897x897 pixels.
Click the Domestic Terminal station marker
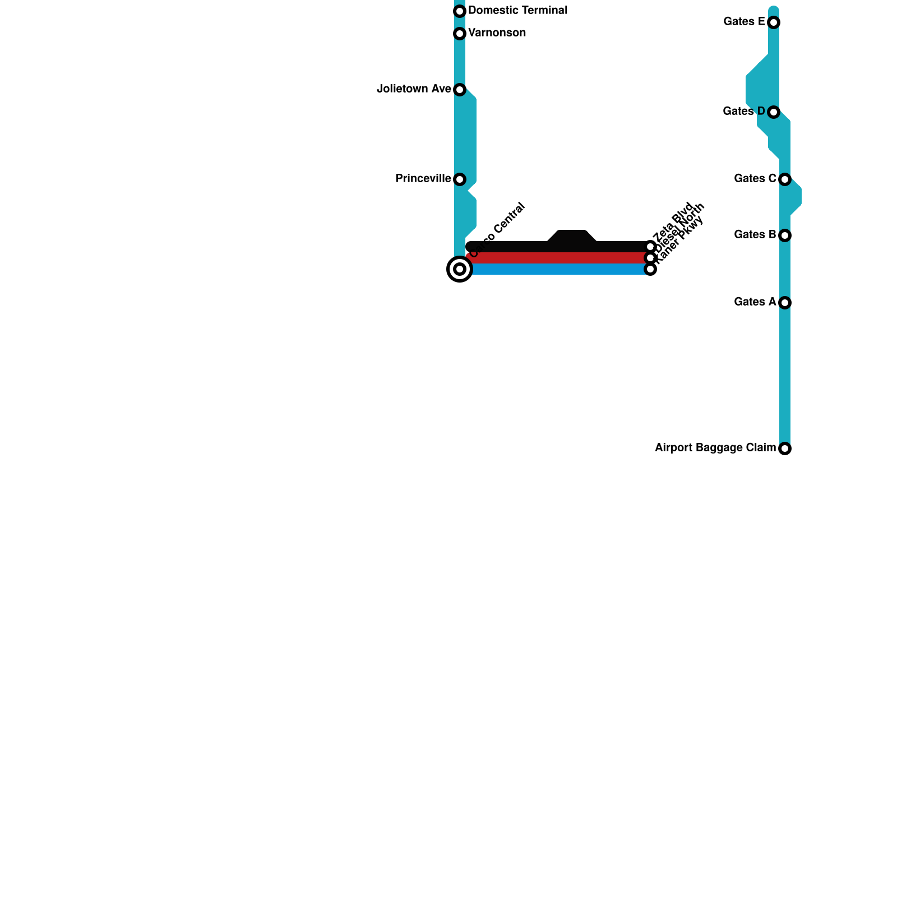click(x=460, y=11)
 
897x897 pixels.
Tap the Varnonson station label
click(x=497, y=33)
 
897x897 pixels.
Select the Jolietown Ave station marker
click(x=460, y=90)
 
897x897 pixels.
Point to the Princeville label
click(x=423, y=179)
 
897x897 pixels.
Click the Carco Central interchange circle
click(x=460, y=269)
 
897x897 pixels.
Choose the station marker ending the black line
click(x=650, y=247)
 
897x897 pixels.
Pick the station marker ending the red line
click(x=650, y=258)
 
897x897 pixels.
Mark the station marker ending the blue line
click(x=650, y=269)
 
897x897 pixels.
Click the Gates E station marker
click(x=774, y=22)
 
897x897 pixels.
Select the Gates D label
click(x=743, y=112)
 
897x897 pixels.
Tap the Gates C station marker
click(x=785, y=179)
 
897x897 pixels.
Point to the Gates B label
click(x=755, y=235)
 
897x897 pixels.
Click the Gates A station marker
click(x=785, y=303)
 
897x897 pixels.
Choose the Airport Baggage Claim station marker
click(x=785, y=449)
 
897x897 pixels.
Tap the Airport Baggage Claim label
click(x=715, y=448)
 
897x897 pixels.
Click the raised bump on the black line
click(x=572, y=237)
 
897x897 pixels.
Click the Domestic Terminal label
click(x=517, y=11)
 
